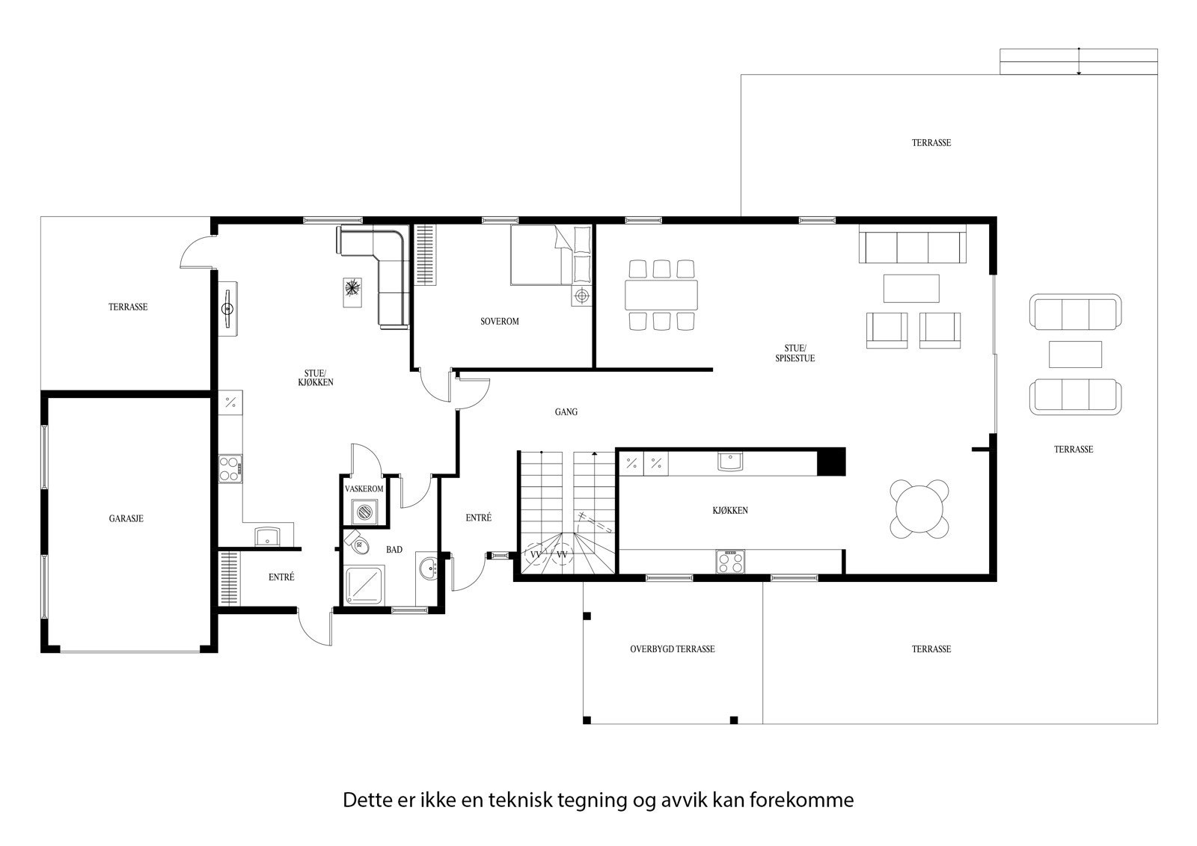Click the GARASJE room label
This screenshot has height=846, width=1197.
tap(126, 518)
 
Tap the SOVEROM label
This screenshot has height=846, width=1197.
tap(499, 322)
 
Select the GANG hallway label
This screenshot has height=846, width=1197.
tap(566, 412)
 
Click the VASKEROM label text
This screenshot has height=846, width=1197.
tap(364, 489)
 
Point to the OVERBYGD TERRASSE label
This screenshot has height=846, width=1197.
tap(672, 649)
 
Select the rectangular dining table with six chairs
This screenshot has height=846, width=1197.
tap(661, 295)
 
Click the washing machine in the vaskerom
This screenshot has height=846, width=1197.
tap(364, 512)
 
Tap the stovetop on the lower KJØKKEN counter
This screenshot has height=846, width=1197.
tap(731, 561)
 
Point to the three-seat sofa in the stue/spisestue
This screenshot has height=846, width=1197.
tap(912, 247)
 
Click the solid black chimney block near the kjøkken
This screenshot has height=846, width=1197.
tap(830, 462)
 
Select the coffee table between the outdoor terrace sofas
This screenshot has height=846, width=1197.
tap(1075, 354)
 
